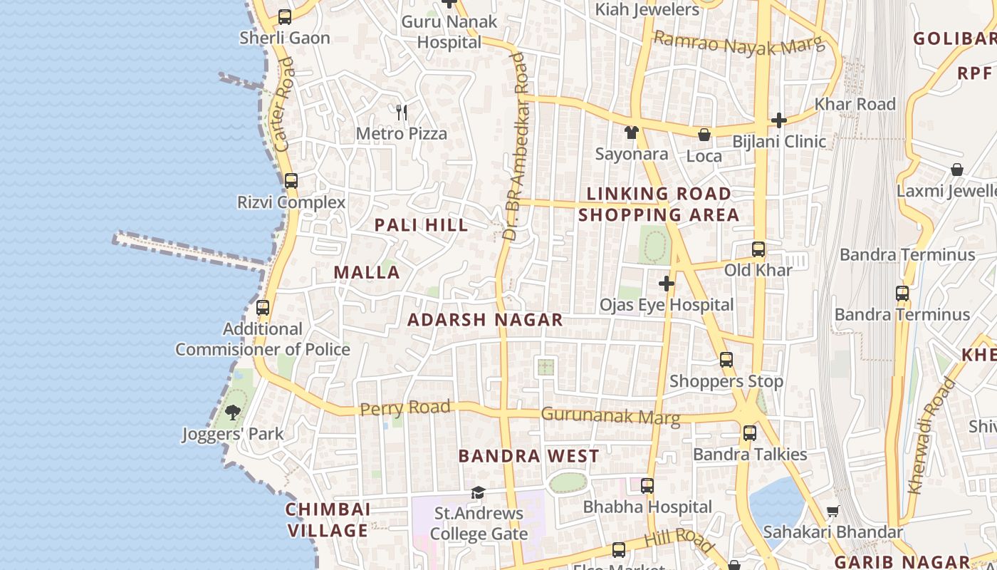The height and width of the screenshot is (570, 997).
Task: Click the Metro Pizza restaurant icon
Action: click(402, 112)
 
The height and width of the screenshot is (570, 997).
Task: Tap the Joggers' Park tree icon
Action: click(233, 412)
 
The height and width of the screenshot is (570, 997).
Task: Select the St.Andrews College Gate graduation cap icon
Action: click(478, 492)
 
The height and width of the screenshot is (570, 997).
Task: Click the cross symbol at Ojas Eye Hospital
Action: click(666, 284)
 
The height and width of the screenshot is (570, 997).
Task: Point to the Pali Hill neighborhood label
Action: click(421, 225)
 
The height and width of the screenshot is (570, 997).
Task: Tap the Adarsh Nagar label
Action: click(485, 320)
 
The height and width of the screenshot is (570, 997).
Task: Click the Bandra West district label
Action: click(528, 456)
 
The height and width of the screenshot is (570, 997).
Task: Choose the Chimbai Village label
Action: click(328, 520)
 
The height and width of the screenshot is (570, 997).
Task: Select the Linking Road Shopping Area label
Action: click(659, 204)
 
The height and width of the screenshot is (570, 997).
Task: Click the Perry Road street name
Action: click(404, 408)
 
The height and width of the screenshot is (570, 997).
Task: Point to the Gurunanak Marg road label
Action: click(610, 415)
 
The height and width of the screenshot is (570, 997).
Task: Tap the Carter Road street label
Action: click(283, 104)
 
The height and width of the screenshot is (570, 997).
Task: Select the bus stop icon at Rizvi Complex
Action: click(291, 181)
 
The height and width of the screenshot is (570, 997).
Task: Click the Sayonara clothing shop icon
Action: click(631, 133)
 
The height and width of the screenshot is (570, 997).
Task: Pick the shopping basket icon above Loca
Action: click(704, 135)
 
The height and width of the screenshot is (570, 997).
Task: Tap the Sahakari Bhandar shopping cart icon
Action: click(832, 511)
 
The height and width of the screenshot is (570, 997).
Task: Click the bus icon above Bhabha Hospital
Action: click(647, 486)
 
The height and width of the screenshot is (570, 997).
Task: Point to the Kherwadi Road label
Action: click(932, 436)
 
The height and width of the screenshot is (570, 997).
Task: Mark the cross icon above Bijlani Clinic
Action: click(778, 120)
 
